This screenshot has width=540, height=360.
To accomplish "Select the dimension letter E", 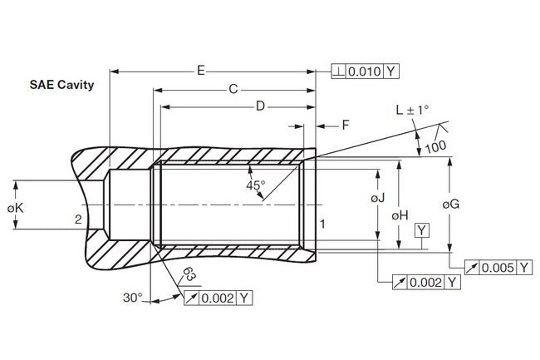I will pos(201,71).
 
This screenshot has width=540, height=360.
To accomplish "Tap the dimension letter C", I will pos(233,88).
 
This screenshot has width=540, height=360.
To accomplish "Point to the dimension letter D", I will pos(260,106).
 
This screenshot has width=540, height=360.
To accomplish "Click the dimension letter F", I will pos(346,125).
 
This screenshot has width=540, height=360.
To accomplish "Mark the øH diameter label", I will pos(400,215).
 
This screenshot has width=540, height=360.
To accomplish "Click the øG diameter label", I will pos(451,203).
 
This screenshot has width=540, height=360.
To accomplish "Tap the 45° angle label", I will pos(255,185).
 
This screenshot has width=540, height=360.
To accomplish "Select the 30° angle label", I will pos(133,297).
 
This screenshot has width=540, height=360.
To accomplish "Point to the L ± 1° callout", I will pos(413,110).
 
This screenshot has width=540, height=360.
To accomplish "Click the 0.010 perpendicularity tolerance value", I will pos(364,71).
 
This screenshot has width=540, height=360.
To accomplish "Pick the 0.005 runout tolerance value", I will pos(498,267).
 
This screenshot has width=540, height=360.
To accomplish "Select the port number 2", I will pos(76,219).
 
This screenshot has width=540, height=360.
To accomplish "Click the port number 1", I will pos(322,222).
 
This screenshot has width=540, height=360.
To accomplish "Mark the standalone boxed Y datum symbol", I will pos(424,229).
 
